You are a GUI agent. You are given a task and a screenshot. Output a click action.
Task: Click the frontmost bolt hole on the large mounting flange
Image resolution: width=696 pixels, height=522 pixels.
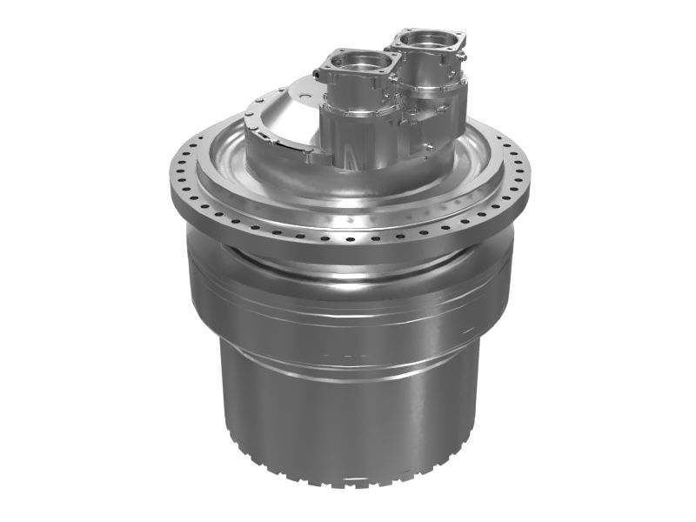tap(348, 238)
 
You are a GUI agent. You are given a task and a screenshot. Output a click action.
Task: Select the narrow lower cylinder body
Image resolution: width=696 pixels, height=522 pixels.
tap(348, 409)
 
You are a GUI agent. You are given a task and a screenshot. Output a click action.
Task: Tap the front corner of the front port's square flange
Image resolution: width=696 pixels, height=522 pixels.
tap(356, 84)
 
